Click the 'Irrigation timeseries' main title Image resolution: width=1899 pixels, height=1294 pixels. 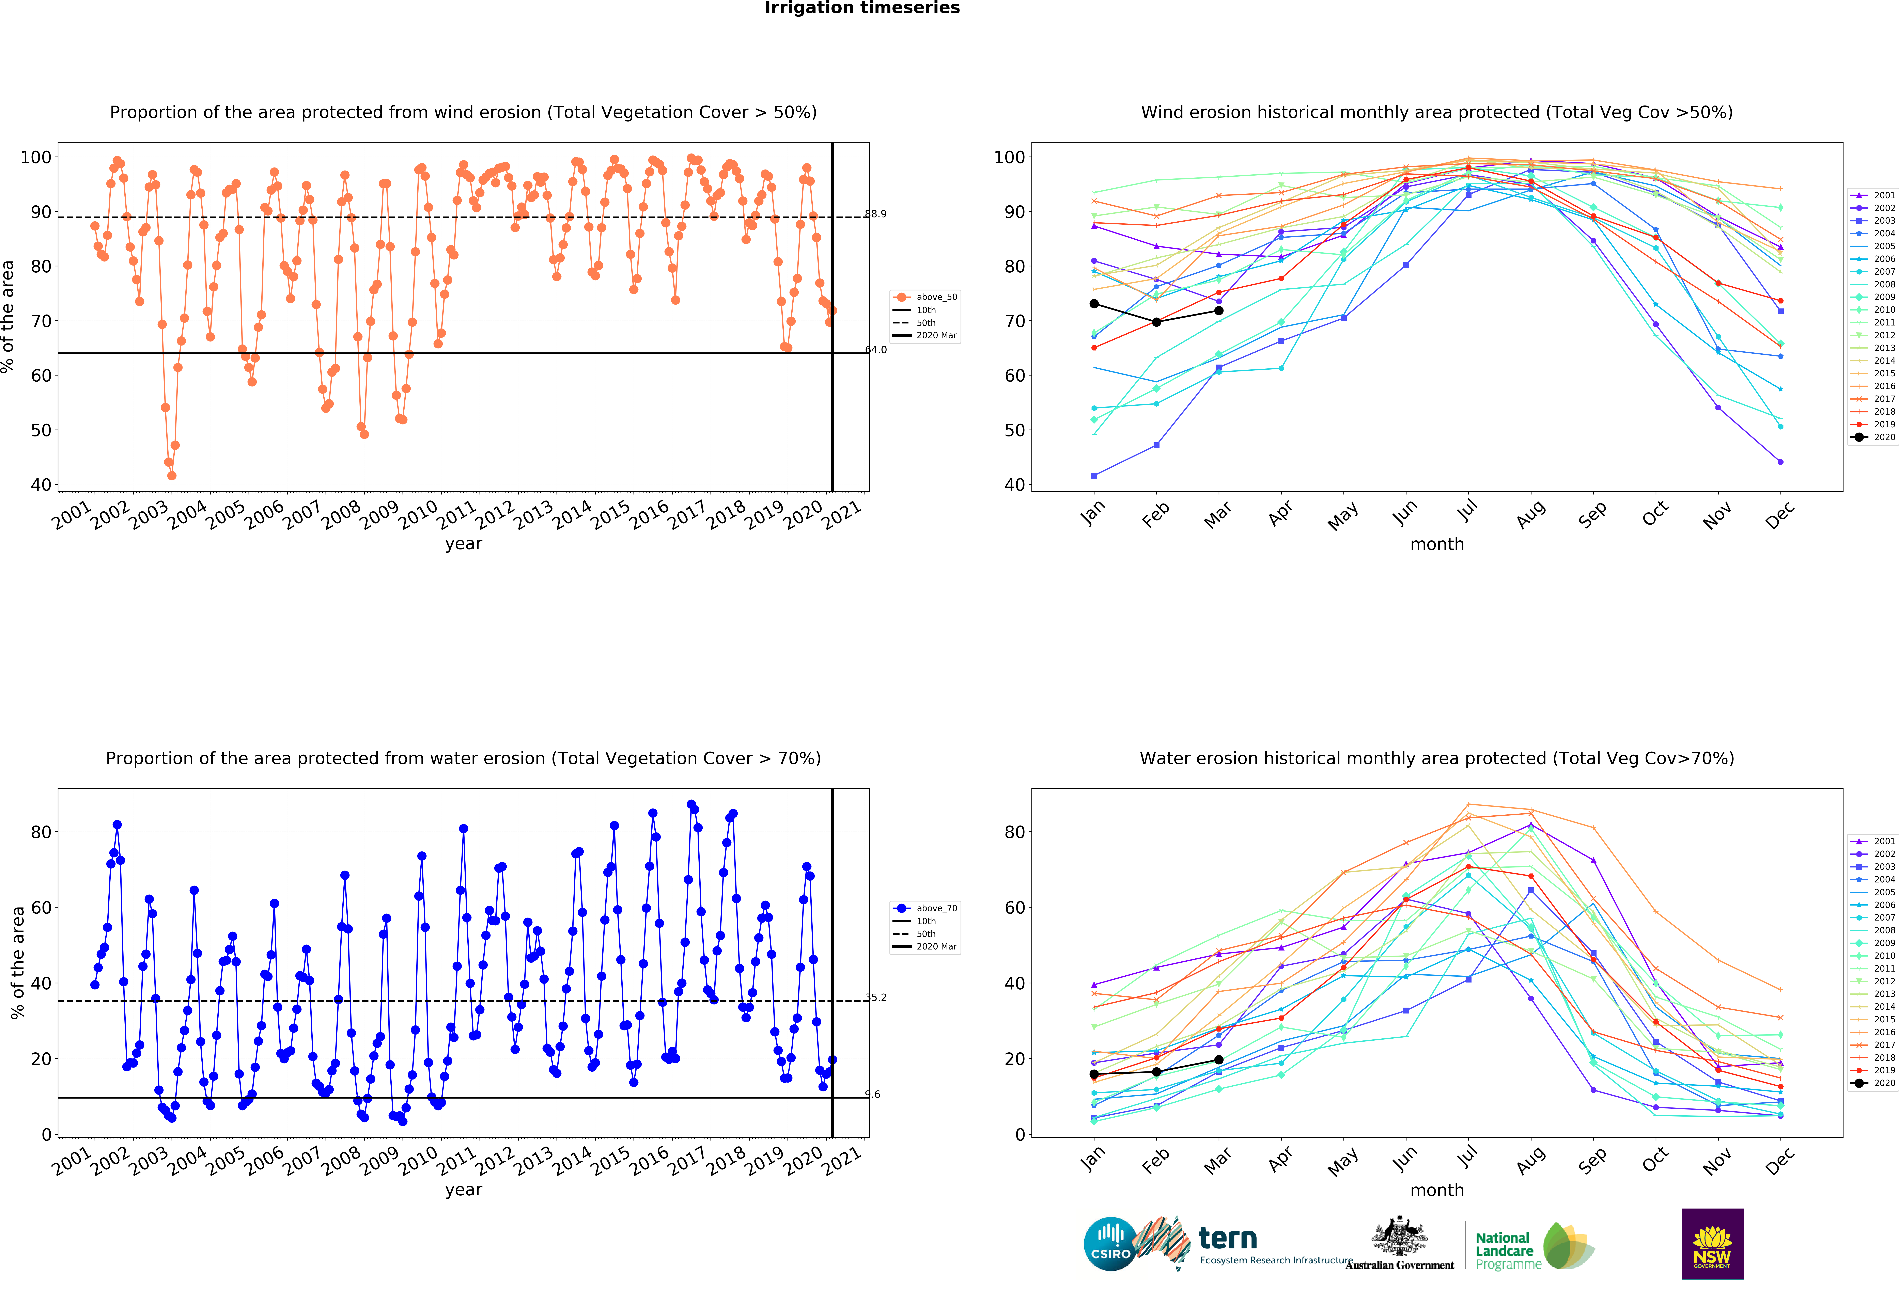click(862, 8)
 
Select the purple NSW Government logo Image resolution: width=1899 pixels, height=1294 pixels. click(1712, 1243)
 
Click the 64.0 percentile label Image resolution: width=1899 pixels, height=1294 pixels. click(876, 350)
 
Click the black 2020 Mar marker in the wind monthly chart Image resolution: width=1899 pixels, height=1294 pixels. click(1218, 310)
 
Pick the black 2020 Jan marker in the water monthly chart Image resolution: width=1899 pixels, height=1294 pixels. click(1094, 1074)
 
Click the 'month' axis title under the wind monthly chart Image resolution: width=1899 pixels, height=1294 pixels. click(1436, 544)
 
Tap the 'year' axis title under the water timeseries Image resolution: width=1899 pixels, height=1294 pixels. click(463, 1190)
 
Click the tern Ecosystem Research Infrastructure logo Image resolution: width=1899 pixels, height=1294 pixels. click(1242, 1244)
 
